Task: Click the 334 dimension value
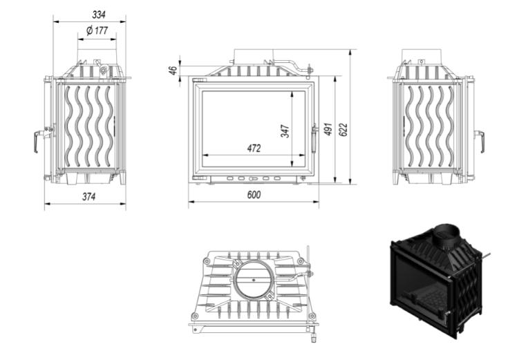[x=99, y=15]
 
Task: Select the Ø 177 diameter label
[x=97, y=31]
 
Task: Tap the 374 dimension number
[x=88, y=197]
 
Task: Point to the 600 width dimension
[x=254, y=195]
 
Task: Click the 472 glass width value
[x=254, y=149]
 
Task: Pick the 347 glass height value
[x=285, y=131]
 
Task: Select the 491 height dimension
[x=328, y=129]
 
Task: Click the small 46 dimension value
[x=173, y=70]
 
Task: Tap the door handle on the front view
[x=314, y=138]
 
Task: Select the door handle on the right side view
[x=480, y=140]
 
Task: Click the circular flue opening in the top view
[x=254, y=279]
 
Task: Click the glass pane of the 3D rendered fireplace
[x=420, y=282]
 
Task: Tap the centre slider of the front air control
[x=254, y=178]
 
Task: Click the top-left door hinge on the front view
[x=198, y=79]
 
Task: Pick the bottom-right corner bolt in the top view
[x=312, y=316]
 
